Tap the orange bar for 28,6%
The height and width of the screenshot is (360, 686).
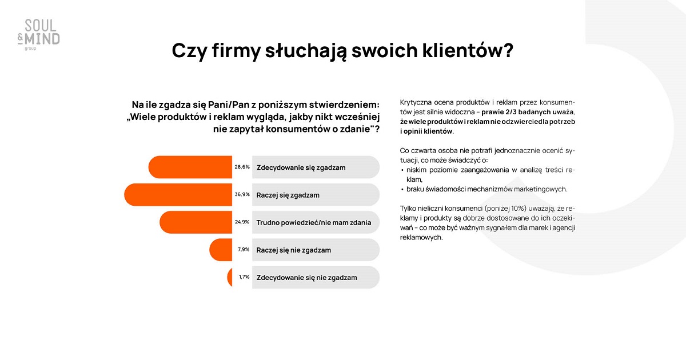click(x=190, y=167)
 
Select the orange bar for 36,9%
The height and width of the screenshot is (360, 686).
click(x=178, y=195)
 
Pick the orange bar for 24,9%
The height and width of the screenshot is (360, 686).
click(x=196, y=222)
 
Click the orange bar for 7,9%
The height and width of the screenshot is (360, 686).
click(x=221, y=250)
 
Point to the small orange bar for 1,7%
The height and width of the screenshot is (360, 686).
click(x=230, y=277)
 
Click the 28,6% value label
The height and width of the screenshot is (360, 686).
click(x=242, y=167)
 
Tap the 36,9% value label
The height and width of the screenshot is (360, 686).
click(x=242, y=194)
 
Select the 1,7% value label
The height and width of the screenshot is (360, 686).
click(x=244, y=277)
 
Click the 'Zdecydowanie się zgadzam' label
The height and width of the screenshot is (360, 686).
click(x=301, y=168)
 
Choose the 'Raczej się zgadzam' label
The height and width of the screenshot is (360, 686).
click(x=288, y=195)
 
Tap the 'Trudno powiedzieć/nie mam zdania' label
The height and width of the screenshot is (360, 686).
click(x=314, y=222)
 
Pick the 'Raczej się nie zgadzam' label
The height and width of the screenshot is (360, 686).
click(x=294, y=250)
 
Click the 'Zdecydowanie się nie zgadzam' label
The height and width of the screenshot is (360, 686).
click(x=307, y=278)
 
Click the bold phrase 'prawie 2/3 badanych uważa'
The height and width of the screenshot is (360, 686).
click(x=527, y=112)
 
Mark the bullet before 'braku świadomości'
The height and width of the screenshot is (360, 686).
click(x=402, y=190)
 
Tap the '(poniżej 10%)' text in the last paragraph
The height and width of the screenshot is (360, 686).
click(x=505, y=209)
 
